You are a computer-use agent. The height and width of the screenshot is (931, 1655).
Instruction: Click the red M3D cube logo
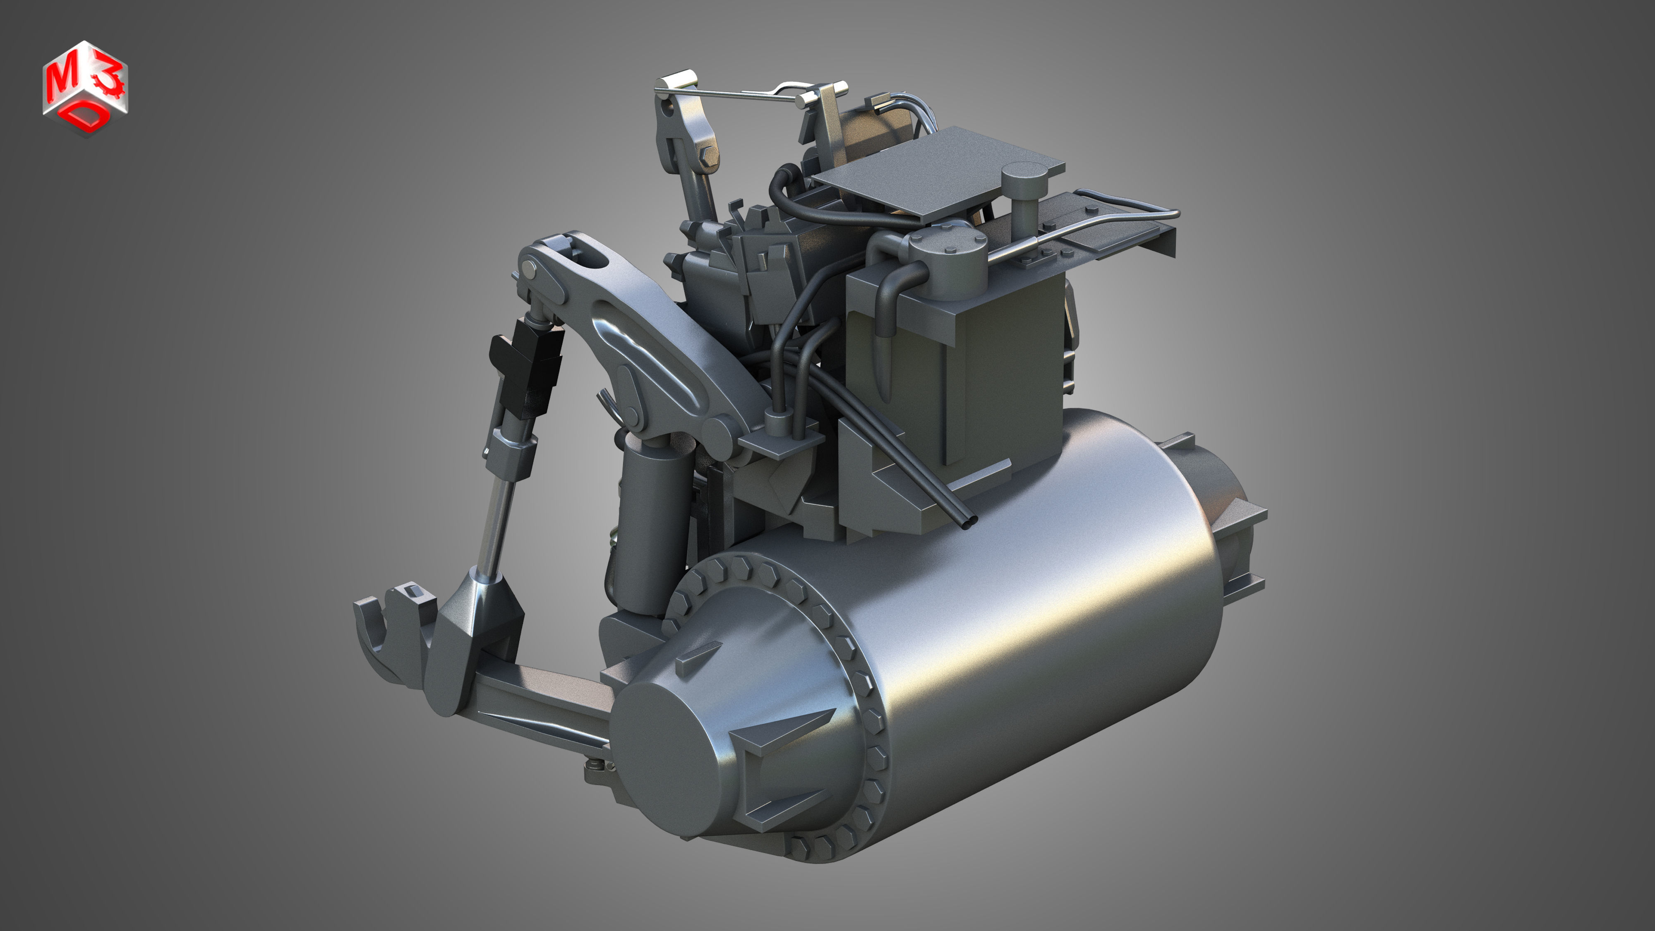tap(86, 88)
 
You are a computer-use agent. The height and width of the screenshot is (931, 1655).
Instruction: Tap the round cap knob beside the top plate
tap(1024, 175)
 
